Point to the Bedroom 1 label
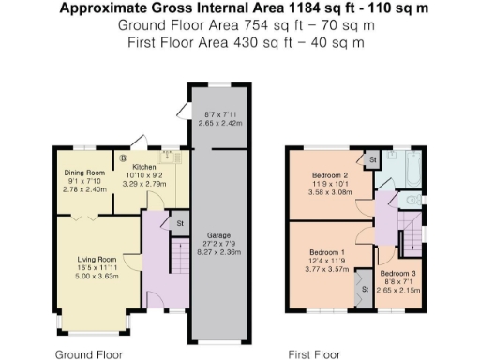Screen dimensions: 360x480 click(x=328, y=251)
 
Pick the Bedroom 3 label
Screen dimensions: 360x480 click(x=397, y=272)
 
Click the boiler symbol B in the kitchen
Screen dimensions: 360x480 click(x=123, y=157)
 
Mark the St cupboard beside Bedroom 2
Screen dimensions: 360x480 click(x=371, y=160)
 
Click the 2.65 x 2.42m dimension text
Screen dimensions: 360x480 click(x=221, y=123)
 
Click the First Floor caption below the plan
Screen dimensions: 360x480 click(x=313, y=354)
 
